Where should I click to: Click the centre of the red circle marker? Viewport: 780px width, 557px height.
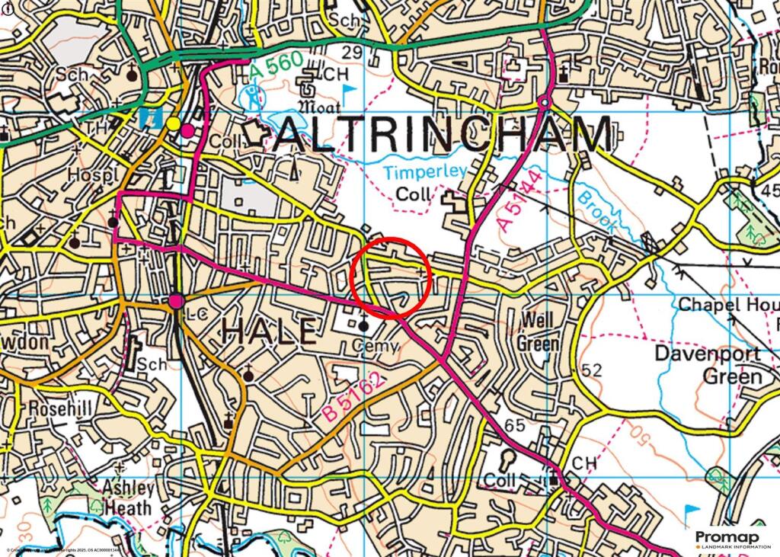[392, 277]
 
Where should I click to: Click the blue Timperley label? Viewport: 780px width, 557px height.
[424, 172]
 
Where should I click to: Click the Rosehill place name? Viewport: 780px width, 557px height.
[60, 409]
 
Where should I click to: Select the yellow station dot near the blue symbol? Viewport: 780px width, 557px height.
[173, 123]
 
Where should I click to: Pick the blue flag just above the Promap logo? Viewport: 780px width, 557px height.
[691, 511]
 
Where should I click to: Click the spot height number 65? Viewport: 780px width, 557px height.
[515, 425]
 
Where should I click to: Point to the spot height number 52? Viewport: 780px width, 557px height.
[591, 371]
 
